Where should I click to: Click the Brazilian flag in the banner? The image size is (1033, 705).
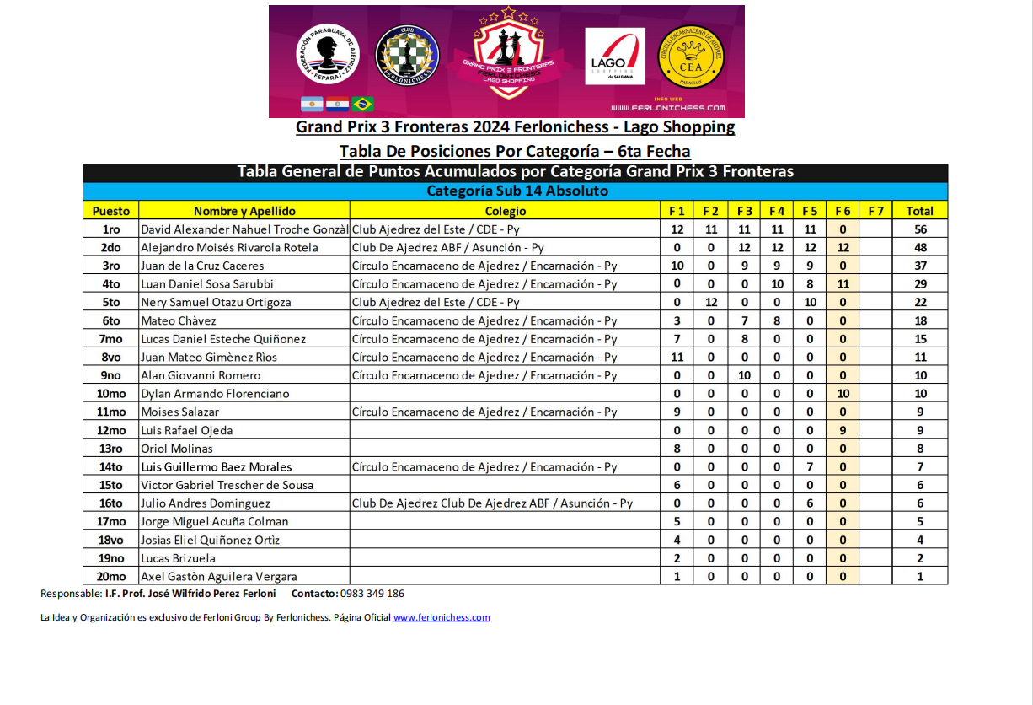tap(363, 104)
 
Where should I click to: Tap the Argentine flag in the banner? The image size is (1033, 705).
tap(312, 104)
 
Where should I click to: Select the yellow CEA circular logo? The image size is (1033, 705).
tap(691, 56)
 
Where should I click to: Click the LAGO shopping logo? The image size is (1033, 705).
tap(615, 57)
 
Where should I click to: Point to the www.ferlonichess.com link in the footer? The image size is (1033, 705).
tap(442, 617)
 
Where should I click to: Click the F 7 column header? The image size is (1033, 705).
tap(876, 211)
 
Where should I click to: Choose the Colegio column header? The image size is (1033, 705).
tap(506, 211)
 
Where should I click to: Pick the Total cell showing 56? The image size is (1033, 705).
tap(920, 229)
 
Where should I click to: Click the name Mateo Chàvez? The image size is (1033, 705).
tap(179, 320)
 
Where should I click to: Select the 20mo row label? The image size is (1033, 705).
tap(111, 577)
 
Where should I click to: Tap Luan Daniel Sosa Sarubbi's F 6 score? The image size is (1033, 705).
tap(843, 284)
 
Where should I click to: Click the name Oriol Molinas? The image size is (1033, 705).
tap(177, 449)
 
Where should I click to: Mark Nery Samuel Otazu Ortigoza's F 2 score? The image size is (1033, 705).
tap(710, 302)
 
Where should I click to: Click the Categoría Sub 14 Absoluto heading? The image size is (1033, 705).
tap(516, 191)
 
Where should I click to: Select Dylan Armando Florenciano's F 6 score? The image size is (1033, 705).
tap(843, 394)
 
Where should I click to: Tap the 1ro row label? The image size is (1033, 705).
tap(111, 229)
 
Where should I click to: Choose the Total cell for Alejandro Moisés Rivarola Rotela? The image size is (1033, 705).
tap(920, 247)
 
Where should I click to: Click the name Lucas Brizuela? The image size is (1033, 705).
tap(178, 558)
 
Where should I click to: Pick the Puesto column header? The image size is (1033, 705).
tap(111, 211)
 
